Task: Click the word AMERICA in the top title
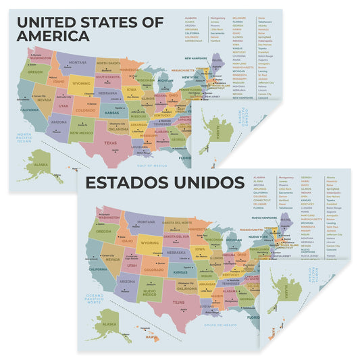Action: pos(53,35)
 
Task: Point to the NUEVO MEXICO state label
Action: pos(149,292)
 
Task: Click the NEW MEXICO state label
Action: pos(82,133)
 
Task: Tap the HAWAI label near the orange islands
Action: pos(152,337)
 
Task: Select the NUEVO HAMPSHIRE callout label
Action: pos(265,218)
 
